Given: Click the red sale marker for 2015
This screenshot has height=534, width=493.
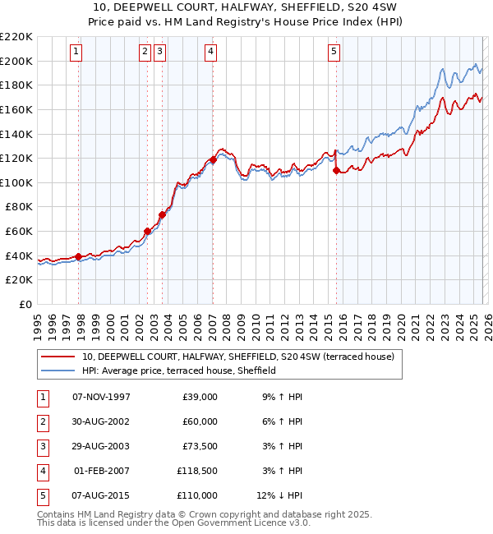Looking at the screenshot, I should (x=336, y=170).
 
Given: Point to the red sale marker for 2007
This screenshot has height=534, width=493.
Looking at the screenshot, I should (x=213, y=159).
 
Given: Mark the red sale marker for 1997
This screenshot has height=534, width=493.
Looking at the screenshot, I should (x=79, y=256).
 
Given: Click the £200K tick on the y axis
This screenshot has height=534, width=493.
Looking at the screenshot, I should (x=16, y=61).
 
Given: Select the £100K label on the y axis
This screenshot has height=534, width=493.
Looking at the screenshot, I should (x=16, y=182).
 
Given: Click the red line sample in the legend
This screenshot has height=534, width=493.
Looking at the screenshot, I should (x=58, y=357).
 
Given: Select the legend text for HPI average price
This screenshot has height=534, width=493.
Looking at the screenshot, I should (x=178, y=371).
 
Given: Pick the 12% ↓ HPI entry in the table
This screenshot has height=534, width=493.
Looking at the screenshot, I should (x=279, y=495).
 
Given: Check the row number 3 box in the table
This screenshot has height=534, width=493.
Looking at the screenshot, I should (x=41, y=446).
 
